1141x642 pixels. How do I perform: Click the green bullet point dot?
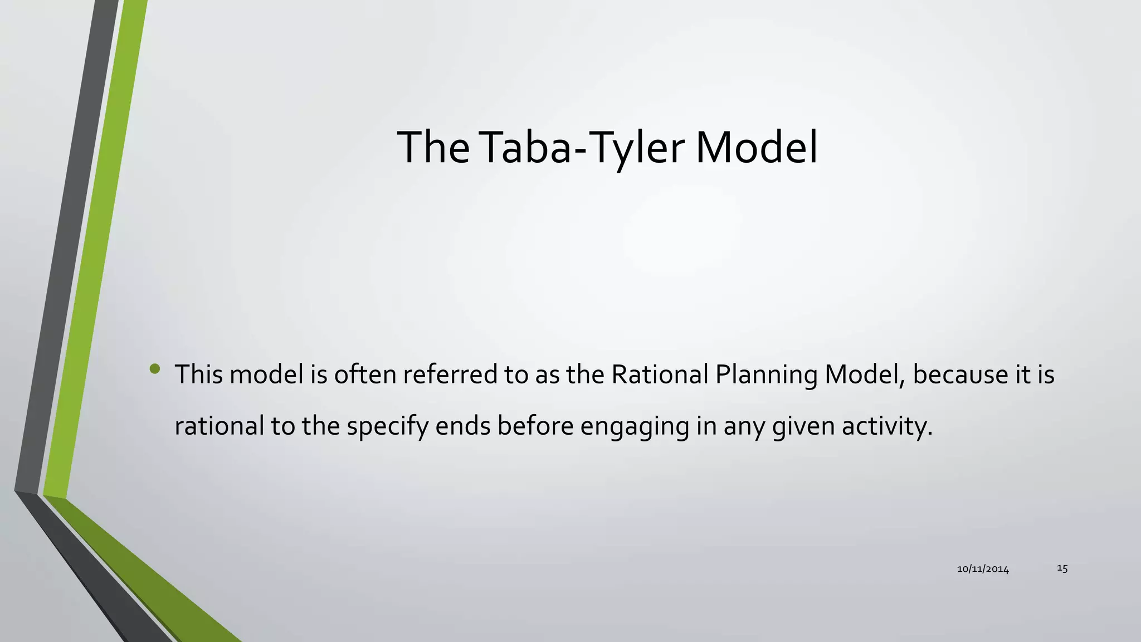155,368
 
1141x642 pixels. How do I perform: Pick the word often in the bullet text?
365,374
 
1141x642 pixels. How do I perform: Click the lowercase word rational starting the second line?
219,426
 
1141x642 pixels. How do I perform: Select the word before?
535,426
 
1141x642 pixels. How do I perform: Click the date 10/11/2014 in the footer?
983,569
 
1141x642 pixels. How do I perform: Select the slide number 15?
1062,568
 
